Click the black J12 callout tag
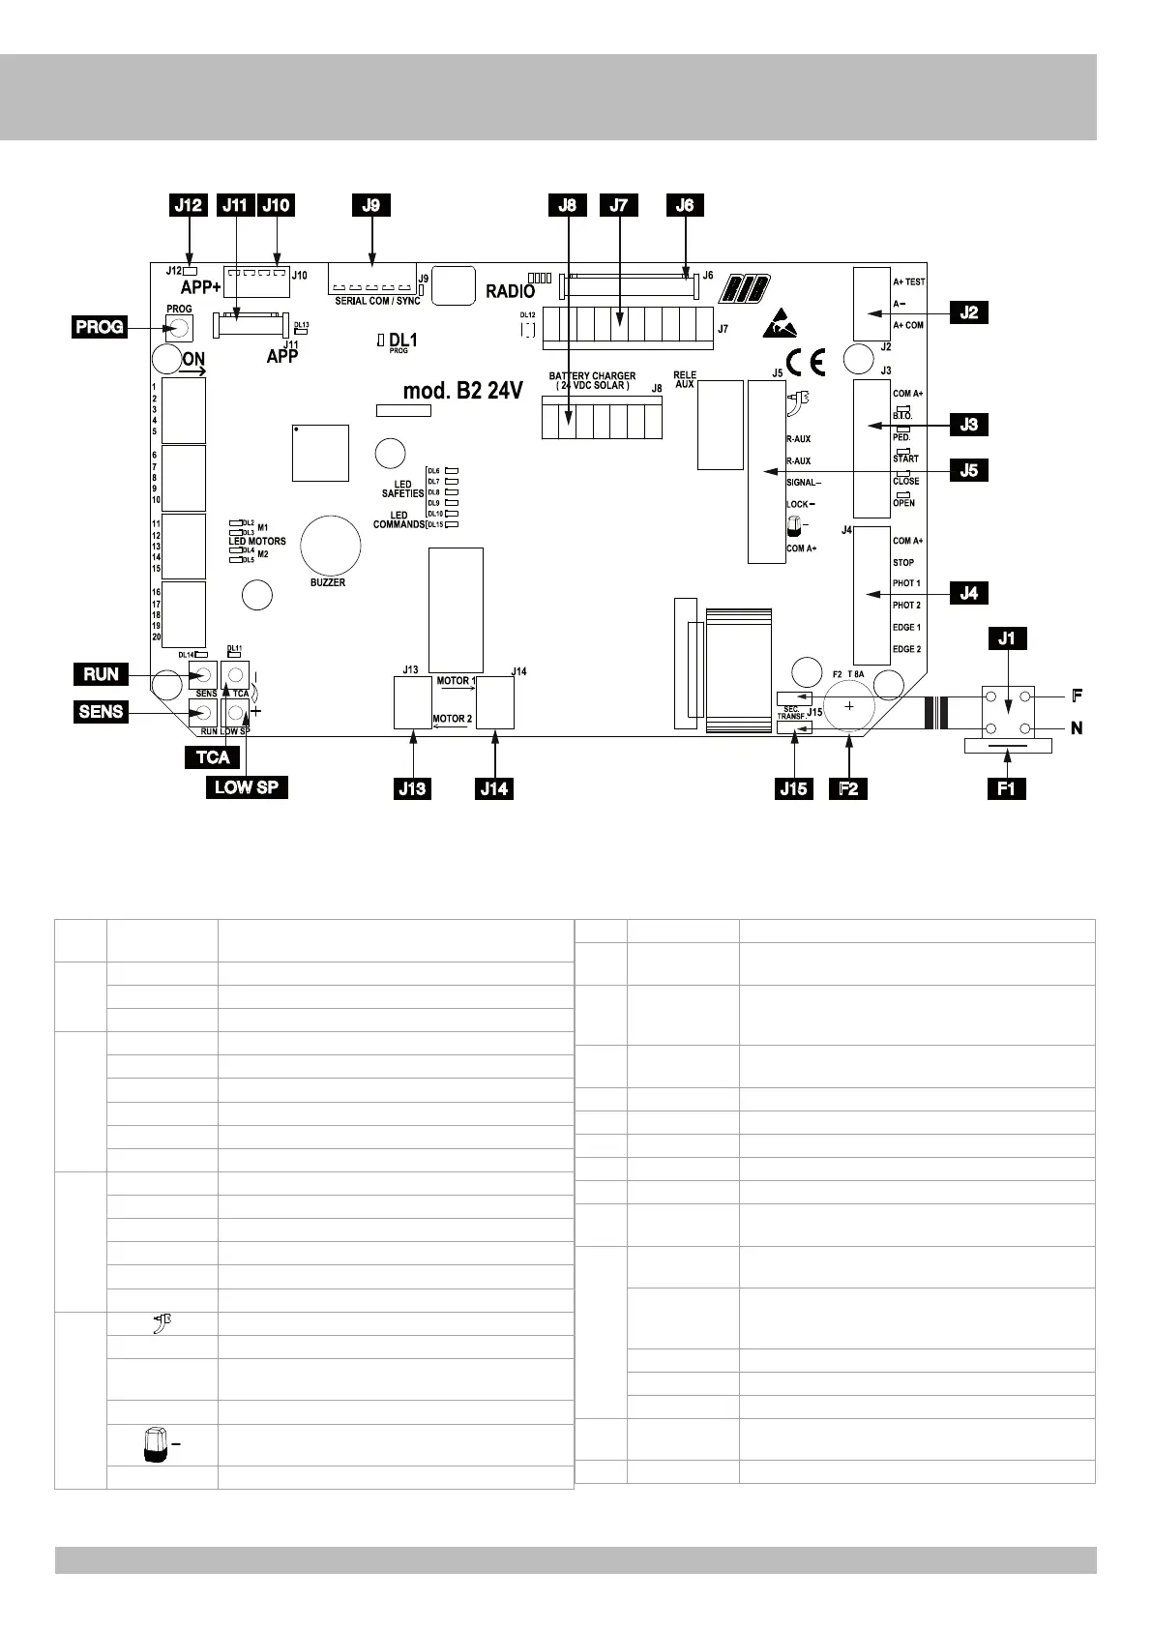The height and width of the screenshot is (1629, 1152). tap(189, 205)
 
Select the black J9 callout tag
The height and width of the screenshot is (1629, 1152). tap(371, 205)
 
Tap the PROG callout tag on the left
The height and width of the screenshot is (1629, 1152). tap(100, 327)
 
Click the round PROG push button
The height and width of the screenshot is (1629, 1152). tap(178, 328)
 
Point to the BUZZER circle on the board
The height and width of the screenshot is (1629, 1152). tap(330, 546)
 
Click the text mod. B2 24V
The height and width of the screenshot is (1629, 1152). tap(463, 391)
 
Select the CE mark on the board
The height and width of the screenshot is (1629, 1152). tap(806, 362)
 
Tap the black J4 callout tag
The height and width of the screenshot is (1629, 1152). tap(969, 593)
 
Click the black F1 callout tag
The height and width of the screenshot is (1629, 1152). tap(1006, 788)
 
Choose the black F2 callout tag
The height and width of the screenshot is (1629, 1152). tap(848, 788)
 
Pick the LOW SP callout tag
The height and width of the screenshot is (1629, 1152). tap(247, 786)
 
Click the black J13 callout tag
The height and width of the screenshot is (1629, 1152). tap(413, 788)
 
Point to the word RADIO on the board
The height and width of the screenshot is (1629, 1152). tap(510, 292)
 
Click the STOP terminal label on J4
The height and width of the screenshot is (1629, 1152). tap(903, 563)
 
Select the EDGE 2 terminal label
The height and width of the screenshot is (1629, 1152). tap(906, 649)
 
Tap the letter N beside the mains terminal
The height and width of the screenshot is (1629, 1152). tap(1076, 728)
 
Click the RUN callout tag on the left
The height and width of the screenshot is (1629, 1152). tap(101, 674)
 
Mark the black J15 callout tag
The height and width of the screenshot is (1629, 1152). tap(794, 788)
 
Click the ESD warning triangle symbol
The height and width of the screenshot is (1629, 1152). tap(781, 324)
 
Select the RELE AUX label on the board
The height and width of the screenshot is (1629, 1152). tap(685, 379)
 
